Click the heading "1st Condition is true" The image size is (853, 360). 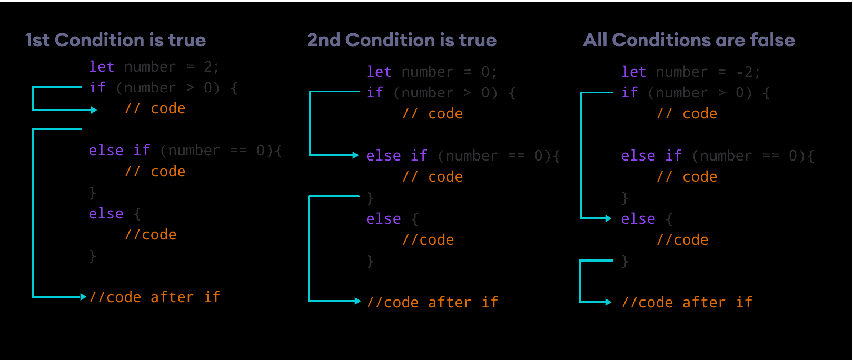pos(116,40)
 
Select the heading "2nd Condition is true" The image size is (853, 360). pos(402,40)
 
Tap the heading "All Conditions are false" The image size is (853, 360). pos(689,40)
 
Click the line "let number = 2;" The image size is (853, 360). pos(154,67)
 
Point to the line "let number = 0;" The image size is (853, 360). pos(431,72)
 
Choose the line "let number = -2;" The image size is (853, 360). pos(690,72)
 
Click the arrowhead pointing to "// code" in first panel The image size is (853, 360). pos(94,110)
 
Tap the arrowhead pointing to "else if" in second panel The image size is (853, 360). pos(355,155)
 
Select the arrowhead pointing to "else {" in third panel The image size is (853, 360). pos(608,218)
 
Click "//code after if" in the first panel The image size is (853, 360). pos(154,297)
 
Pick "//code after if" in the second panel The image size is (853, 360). pos(432,303)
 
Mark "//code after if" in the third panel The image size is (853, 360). pos(687,303)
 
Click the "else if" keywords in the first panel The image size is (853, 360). pos(119,151)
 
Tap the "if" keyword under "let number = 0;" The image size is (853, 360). pos(374,93)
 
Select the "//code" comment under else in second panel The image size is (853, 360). pos(428,240)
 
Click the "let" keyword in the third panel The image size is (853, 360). pos(633,72)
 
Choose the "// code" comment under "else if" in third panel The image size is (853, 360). pos(687,177)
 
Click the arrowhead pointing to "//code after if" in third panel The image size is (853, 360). pos(608,302)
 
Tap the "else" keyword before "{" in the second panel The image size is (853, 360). pos(383,219)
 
